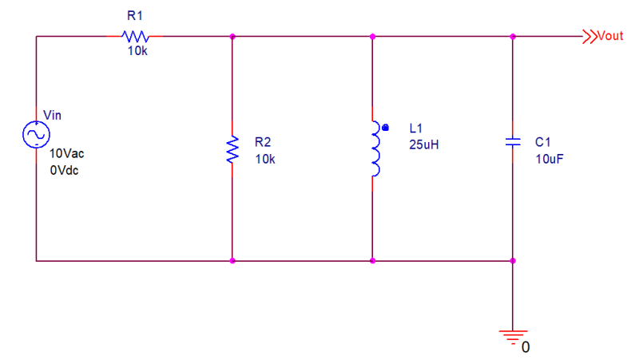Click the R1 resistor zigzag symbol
(x=135, y=37)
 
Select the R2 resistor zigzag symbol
(x=232, y=149)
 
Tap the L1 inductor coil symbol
(x=375, y=148)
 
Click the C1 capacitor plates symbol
(x=513, y=142)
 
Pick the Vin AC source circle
(x=36, y=134)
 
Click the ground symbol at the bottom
(x=513, y=338)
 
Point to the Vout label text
(x=610, y=36)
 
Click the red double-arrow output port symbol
(x=589, y=37)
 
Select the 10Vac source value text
(x=66, y=153)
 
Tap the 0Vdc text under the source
(x=64, y=170)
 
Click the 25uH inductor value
(x=424, y=144)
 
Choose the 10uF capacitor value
(x=550, y=159)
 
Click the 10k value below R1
(x=137, y=51)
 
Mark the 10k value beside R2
(x=265, y=159)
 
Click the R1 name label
(x=135, y=16)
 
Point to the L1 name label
(x=415, y=129)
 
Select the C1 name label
(x=543, y=142)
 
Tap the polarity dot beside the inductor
(x=385, y=128)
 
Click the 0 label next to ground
(x=526, y=347)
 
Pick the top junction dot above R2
(x=232, y=37)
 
